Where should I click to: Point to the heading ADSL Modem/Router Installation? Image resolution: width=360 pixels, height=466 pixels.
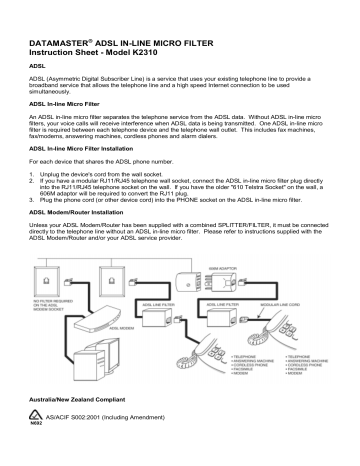82,240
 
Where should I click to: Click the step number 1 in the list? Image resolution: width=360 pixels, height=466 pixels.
34,201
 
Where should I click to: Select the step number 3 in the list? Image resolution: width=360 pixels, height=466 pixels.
34,228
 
